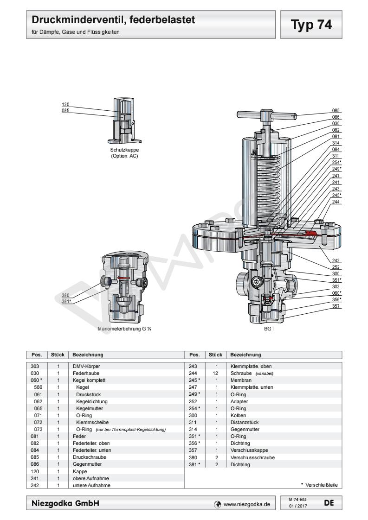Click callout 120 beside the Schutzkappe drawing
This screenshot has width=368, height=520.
point(65,104)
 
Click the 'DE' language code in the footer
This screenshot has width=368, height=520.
point(328,502)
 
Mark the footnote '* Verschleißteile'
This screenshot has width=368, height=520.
point(320,485)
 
